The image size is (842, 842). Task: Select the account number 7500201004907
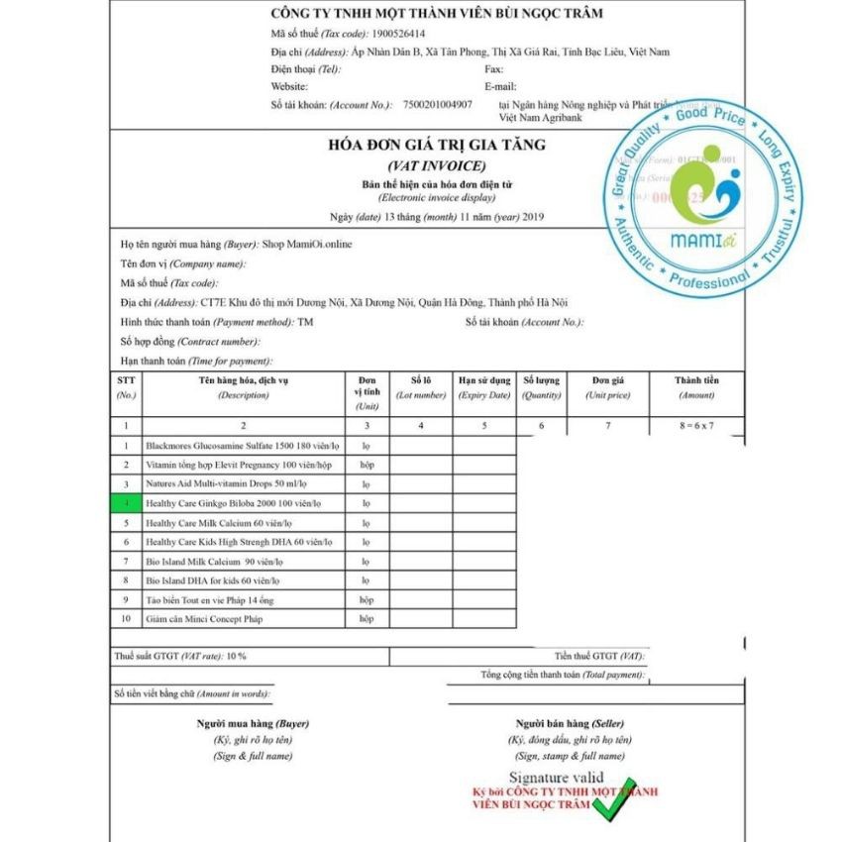pyautogui.click(x=437, y=103)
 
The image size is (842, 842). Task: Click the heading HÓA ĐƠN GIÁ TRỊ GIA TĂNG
pyautogui.click(x=436, y=145)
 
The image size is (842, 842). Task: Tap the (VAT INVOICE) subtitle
pyautogui.click(x=436, y=164)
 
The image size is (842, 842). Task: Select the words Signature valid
pyautogui.click(x=556, y=778)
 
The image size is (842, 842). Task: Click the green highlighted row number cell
pyautogui.click(x=126, y=503)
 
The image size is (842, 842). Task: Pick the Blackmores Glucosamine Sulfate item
pyautogui.click(x=242, y=446)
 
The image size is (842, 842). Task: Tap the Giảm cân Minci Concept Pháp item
pyautogui.click(x=204, y=619)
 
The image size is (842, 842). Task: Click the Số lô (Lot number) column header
pyautogui.click(x=421, y=386)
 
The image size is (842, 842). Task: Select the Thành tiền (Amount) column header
pyautogui.click(x=695, y=386)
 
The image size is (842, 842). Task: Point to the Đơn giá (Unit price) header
pyautogui.click(x=607, y=386)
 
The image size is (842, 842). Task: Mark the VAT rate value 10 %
pyautogui.click(x=236, y=656)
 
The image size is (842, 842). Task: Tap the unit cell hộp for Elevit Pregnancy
pyautogui.click(x=367, y=465)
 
